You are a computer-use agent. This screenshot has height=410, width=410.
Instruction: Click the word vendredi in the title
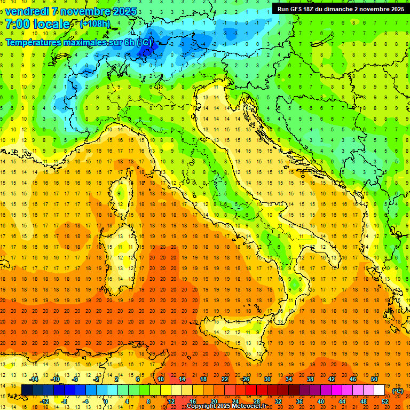coord(27,11)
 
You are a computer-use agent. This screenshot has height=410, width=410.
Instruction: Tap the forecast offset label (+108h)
coord(95,24)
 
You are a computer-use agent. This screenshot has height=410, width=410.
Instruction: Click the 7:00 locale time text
coord(37,24)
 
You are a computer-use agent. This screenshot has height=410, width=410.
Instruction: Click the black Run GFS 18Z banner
coord(341,9)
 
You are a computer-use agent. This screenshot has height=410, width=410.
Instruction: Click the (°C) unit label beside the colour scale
coord(398,391)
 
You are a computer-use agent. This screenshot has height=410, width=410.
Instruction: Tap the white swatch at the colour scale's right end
coord(379,390)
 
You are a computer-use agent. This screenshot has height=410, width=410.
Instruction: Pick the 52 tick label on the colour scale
coord(385,401)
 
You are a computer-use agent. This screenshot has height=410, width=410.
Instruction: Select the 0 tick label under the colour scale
coord(106,401)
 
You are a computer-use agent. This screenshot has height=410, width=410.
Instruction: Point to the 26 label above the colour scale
coord(246,379)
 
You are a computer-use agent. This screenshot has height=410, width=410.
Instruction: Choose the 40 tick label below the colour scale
coord(320,401)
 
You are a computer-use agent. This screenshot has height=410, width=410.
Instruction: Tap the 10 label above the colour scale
coord(160,379)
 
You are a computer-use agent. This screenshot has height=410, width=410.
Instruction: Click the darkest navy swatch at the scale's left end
coord(27,390)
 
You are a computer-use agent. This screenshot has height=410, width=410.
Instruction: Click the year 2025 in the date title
coord(124,11)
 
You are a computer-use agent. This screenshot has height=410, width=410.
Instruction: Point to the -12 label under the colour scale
coord(44,401)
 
